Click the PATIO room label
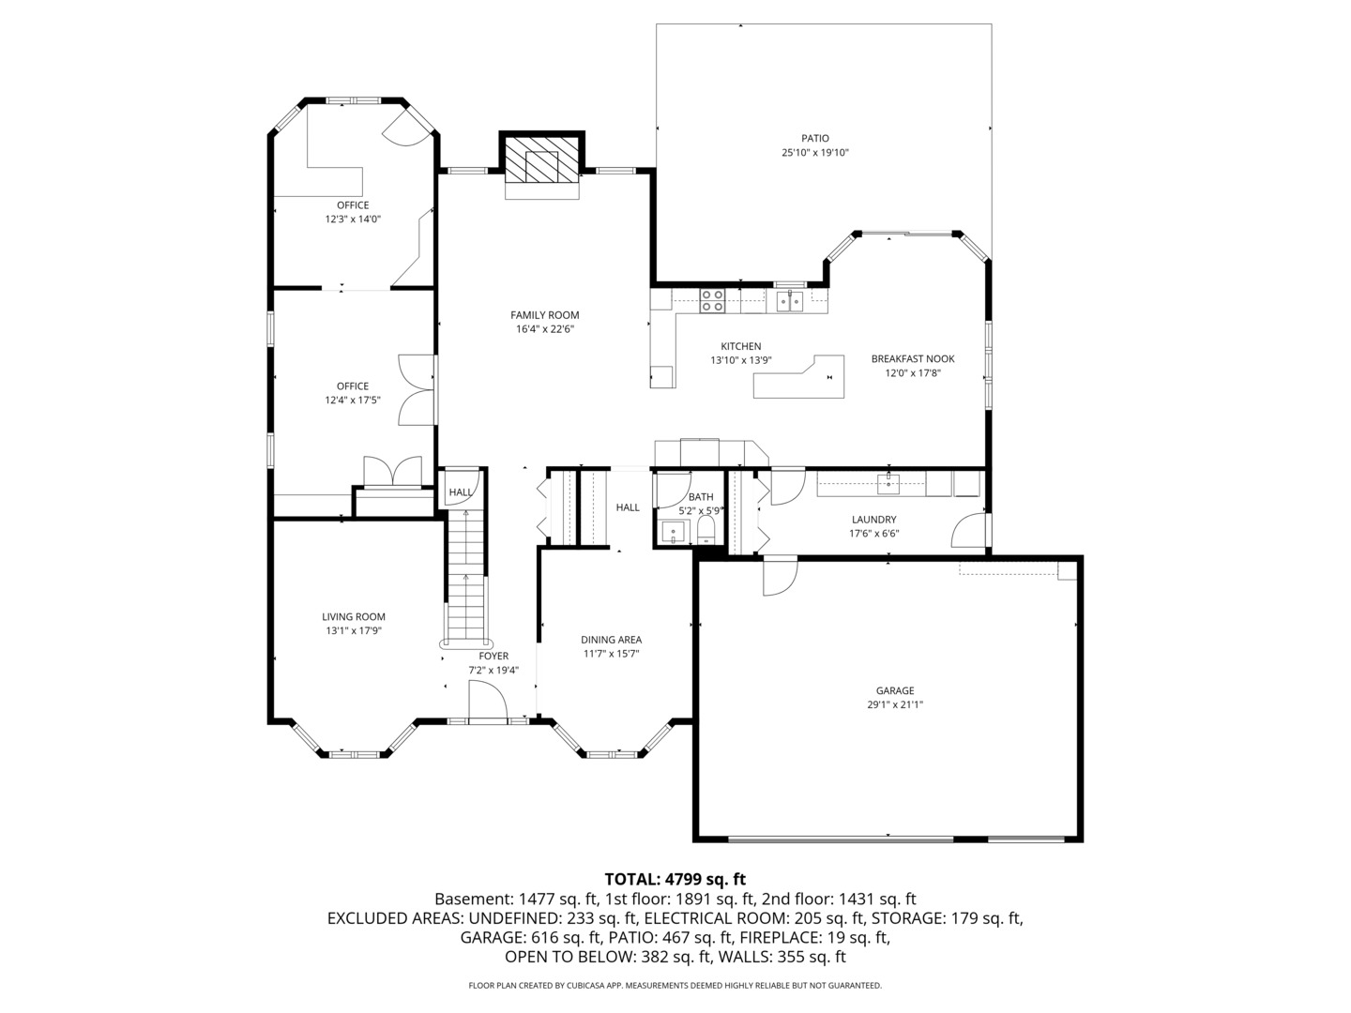point(814,138)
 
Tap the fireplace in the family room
point(541,165)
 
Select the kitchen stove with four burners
point(712,300)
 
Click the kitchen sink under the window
point(789,300)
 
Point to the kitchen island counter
point(798,379)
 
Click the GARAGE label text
point(895,690)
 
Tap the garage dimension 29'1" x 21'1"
point(895,704)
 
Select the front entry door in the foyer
point(487,703)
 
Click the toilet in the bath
point(706,533)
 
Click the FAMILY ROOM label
point(544,315)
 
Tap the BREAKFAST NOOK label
point(912,358)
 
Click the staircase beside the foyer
point(465,582)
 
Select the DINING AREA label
point(611,640)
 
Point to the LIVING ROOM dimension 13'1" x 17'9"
point(353,630)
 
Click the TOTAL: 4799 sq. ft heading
point(675,879)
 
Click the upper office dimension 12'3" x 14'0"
point(353,219)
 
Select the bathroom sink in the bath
point(672,533)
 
